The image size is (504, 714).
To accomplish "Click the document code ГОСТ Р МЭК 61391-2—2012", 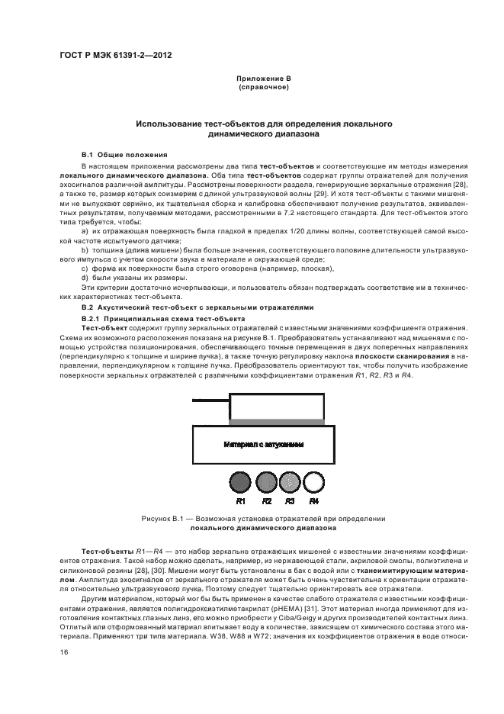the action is [x=116, y=56].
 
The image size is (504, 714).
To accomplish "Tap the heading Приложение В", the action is [x=264, y=79].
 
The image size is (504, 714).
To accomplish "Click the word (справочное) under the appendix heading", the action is [x=264, y=87].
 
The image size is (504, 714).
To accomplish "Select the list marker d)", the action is [x=85, y=278].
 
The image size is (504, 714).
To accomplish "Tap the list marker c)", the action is [x=85, y=269].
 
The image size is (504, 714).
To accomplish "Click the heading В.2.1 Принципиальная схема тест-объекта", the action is [x=163, y=319].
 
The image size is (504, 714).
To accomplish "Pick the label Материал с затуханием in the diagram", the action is [x=264, y=444].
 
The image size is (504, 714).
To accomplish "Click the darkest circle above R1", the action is [x=240, y=482].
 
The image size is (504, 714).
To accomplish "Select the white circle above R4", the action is [x=313, y=482].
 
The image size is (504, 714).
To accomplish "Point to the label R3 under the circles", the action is [x=290, y=501].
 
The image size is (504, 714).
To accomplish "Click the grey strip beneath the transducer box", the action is [x=277, y=422].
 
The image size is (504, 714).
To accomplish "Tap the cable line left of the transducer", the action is [x=210, y=400].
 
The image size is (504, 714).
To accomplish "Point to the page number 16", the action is [x=64, y=652].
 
